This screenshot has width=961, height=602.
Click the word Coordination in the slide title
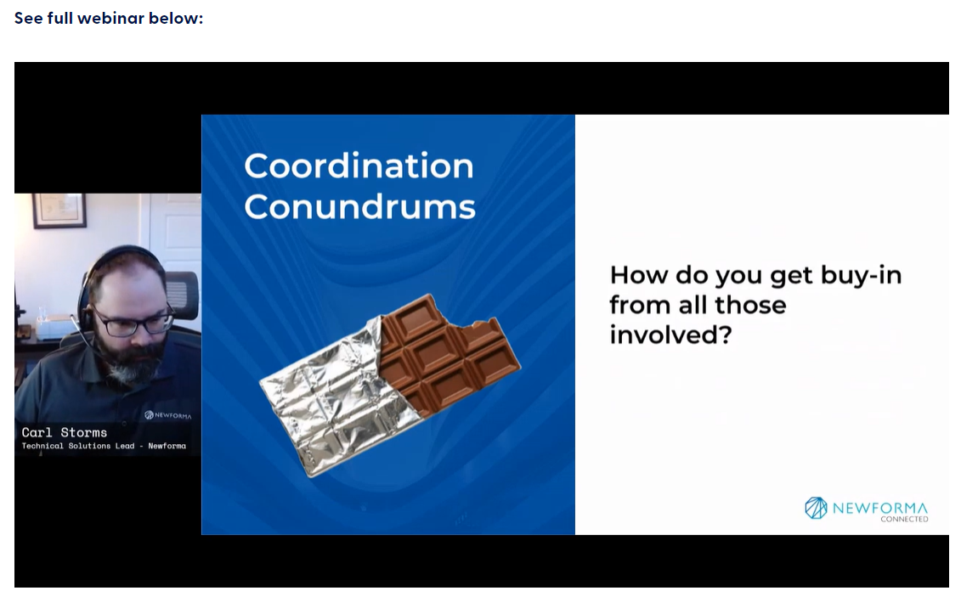coord(359,166)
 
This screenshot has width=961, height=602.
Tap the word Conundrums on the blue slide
coord(359,207)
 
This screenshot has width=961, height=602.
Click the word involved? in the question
coord(670,335)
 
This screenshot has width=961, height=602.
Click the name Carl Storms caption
coord(65,432)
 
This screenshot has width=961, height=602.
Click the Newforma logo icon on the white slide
coord(816,509)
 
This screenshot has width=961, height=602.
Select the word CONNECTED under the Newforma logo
coord(904,520)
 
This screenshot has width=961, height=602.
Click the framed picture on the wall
coord(59,210)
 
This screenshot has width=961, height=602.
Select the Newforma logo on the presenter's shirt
coord(168,415)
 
